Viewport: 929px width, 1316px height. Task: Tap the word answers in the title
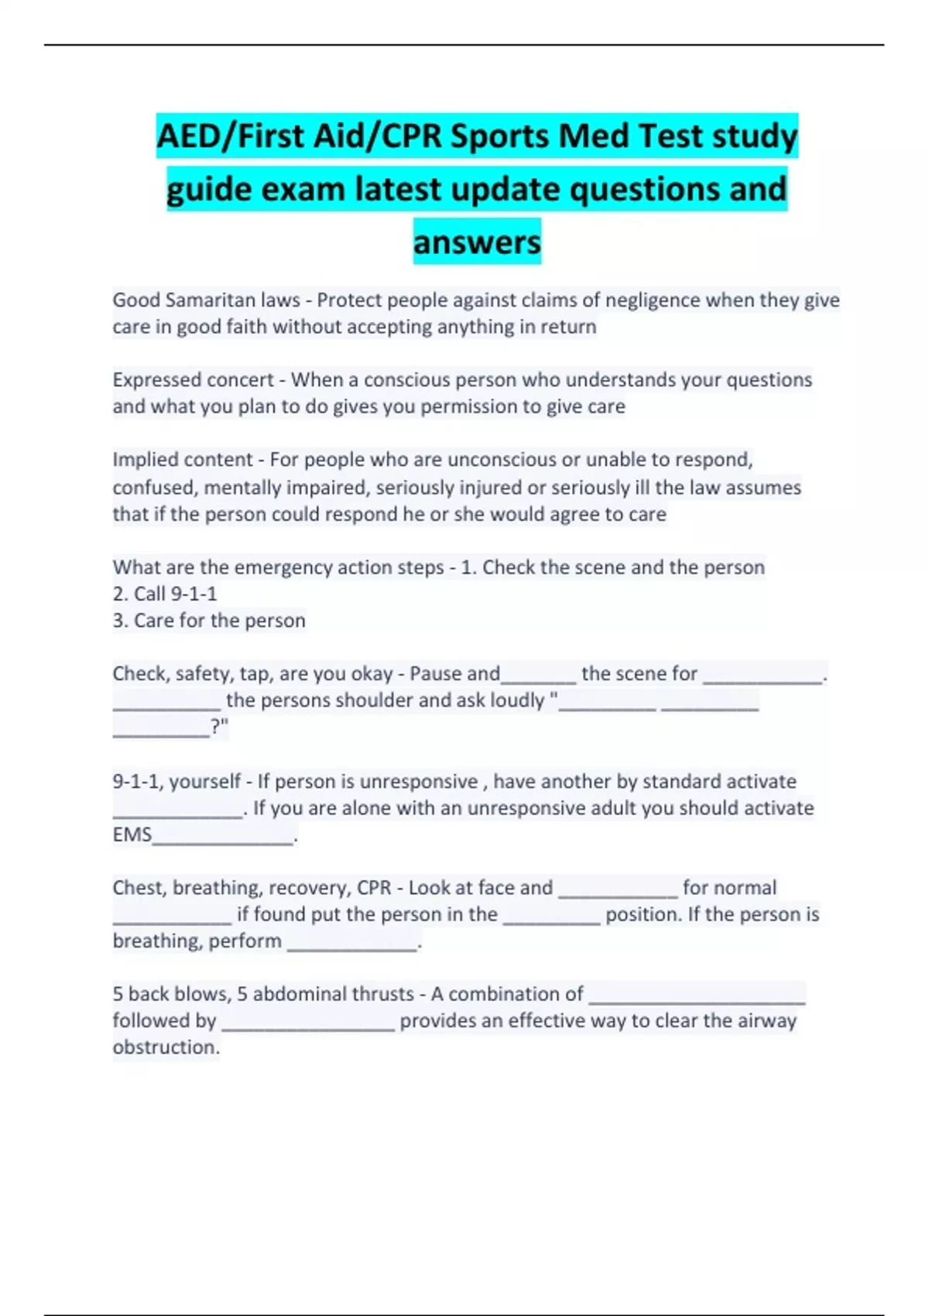pos(477,242)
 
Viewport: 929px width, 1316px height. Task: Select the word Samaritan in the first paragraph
pos(213,300)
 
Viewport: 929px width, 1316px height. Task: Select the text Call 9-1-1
pos(175,594)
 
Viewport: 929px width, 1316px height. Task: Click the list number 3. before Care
pos(120,621)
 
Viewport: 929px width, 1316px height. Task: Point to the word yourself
pos(204,782)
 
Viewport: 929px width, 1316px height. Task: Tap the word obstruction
pos(165,1047)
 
